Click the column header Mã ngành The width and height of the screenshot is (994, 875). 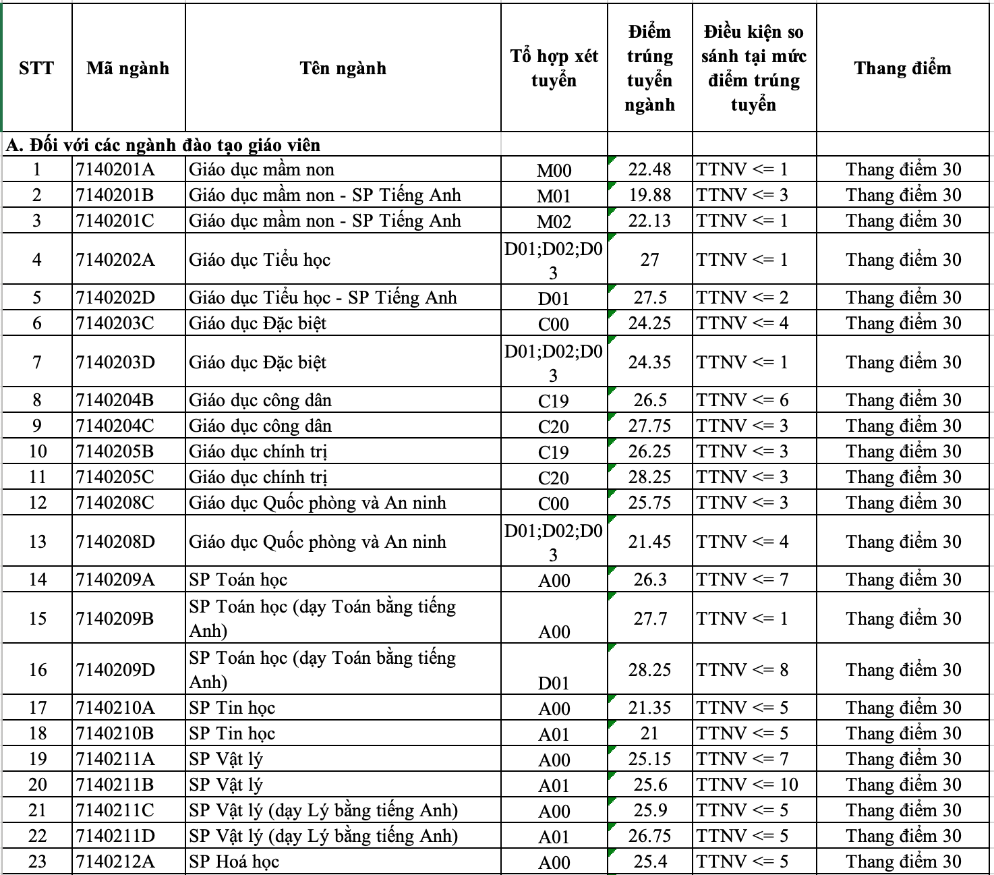point(127,68)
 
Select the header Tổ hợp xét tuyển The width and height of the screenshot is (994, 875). point(554,68)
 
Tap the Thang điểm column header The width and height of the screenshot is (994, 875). point(902,68)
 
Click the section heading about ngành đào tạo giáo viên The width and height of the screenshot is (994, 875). point(163,145)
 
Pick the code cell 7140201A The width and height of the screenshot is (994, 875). point(115,169)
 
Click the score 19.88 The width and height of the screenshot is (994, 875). point(649,195)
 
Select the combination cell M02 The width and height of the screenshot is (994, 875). point(554,221)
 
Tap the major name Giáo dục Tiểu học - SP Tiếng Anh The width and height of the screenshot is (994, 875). point(323,298)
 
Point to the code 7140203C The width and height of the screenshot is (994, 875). point(115,323)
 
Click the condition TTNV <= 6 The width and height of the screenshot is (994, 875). point(742,400)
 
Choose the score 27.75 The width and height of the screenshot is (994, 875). point(649,426)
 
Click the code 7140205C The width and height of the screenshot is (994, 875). point(115,477)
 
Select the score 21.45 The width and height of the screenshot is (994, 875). point(649,542)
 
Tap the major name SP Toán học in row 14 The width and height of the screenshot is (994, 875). point(238,580)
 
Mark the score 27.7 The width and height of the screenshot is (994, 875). point(649,619)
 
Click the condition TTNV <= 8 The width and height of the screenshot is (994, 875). point(742,670)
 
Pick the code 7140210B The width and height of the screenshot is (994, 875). point(115,733)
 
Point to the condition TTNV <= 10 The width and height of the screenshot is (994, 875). point(747,785)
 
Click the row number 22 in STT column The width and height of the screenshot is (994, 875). point(37,836)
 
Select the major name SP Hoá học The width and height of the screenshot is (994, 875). point(234,862)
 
